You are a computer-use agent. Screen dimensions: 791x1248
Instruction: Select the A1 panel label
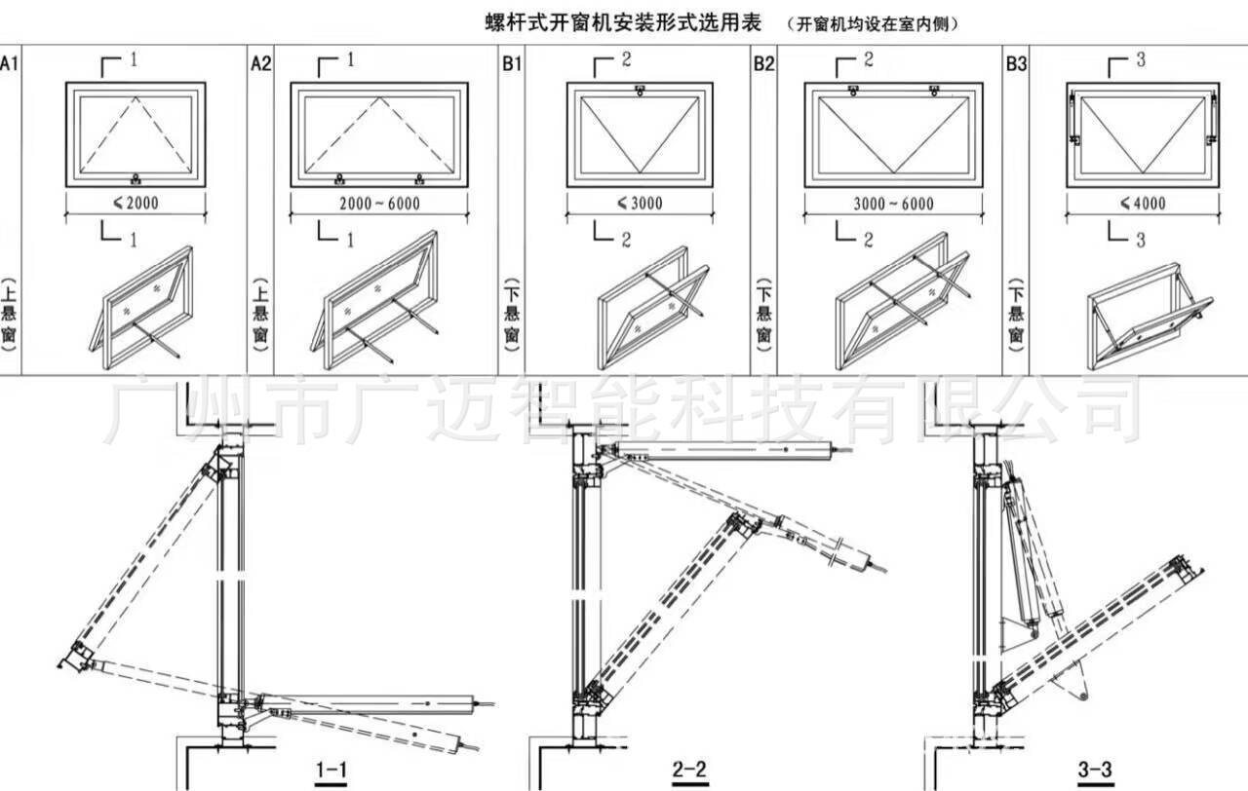(9, 64)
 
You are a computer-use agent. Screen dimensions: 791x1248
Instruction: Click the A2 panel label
(260, 64)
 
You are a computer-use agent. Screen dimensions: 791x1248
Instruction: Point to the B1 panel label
(512, 64)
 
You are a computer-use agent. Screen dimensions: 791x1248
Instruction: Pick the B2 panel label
(763, 64)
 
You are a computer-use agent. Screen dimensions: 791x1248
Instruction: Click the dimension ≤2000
(135, 204)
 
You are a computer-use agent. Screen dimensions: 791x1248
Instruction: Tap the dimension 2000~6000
(378, 204)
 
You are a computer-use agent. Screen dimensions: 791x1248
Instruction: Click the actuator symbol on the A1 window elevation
(135, 178)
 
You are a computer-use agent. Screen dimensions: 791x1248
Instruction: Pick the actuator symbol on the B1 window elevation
(639, 92)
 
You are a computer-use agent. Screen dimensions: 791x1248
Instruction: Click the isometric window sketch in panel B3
(1148, 318)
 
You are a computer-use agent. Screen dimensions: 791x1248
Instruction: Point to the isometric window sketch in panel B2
(905, 297)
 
